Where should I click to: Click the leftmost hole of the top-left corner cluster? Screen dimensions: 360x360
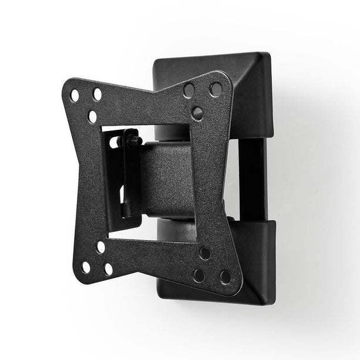tap(75, 95)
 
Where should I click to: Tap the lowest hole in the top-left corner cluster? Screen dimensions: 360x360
tap(92, 116)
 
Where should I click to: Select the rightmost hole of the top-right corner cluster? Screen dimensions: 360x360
tap(216, 89)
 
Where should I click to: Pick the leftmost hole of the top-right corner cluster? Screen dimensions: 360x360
tap(189, 90)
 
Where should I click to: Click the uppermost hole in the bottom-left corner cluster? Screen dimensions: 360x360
tap(100, 247)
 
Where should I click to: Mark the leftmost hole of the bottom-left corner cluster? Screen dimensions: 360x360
tap(86, 267)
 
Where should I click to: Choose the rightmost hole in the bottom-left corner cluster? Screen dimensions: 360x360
tap(109, 270)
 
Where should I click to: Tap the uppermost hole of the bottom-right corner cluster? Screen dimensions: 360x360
tap(204, 253)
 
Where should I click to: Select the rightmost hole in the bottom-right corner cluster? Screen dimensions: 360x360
tap(225, 277)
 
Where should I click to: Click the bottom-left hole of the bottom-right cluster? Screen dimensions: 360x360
tap(199, 275)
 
